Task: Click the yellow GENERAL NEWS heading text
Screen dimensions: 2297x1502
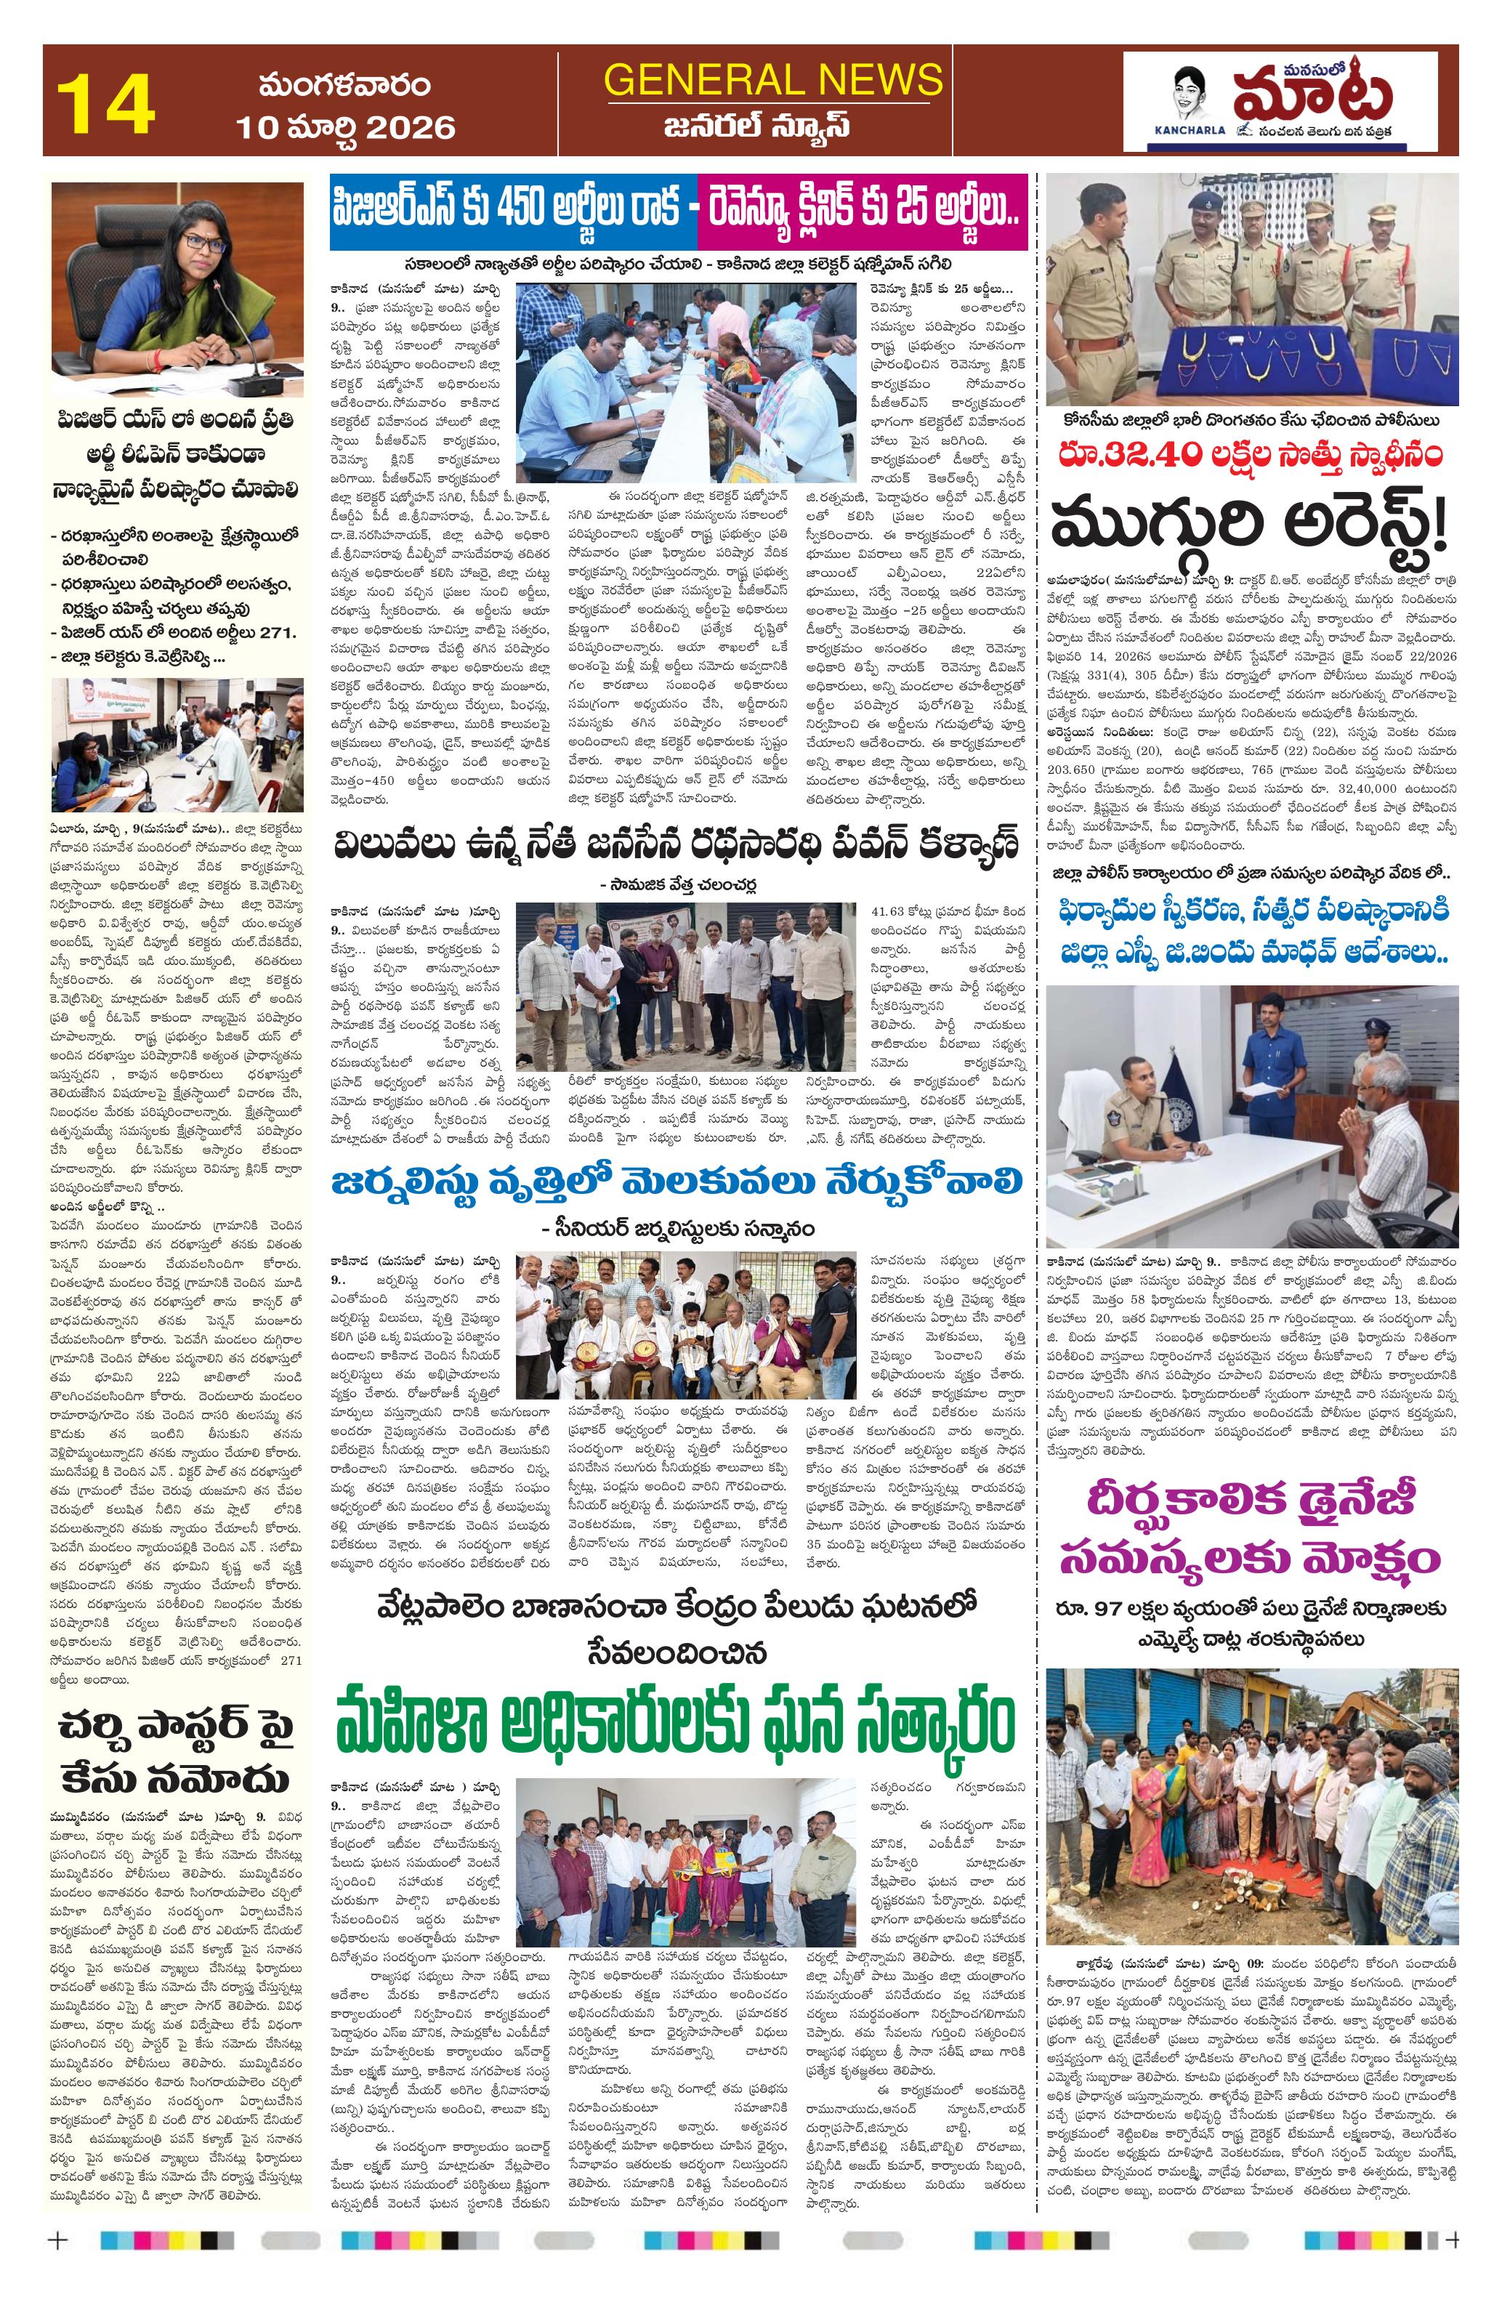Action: pyautogui.click(x=772, y=79)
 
